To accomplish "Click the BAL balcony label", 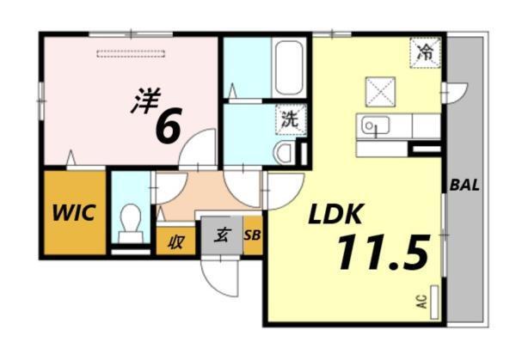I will (464, 184).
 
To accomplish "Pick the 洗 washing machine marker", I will (290, 119).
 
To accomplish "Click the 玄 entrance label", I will (221, 235).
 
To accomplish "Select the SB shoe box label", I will (253, 235).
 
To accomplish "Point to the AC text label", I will (422, 302).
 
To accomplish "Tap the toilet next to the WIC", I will (131, 221).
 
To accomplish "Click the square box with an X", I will (379, 91).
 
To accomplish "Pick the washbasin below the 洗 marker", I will (284, 152).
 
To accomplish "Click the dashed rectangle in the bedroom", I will (128, 55).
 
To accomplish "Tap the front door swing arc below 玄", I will (218, 275).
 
